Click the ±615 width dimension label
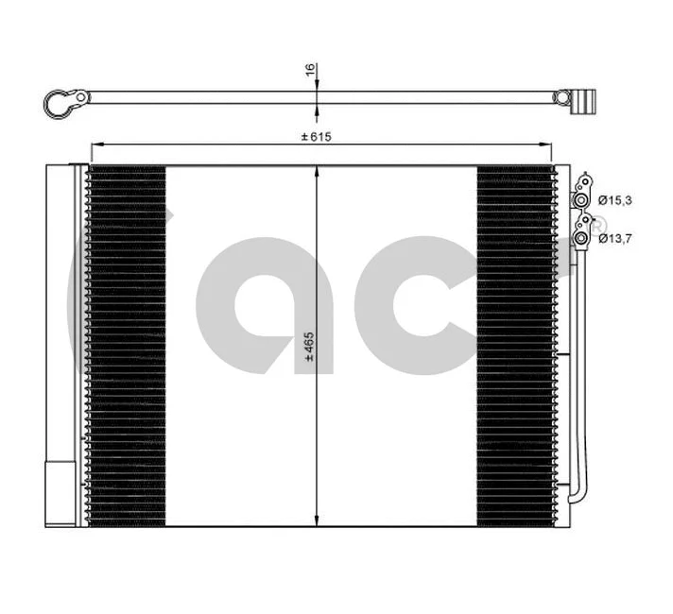pos(317,136)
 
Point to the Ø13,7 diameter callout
pos(613,238)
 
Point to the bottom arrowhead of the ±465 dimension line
pos(317,521)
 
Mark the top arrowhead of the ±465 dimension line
pos(317,171)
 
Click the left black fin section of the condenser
pos(127,345)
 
